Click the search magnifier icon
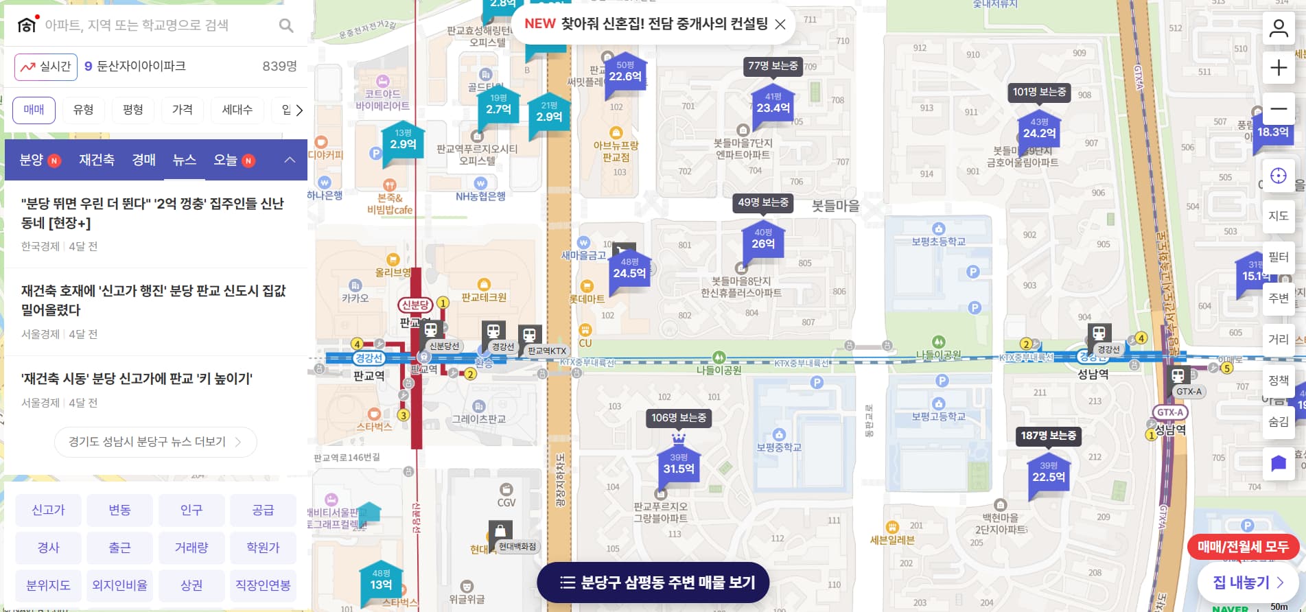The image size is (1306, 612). click(286, 26)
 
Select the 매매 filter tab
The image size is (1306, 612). click(34, 110)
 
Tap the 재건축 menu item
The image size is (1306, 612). click(96, 160)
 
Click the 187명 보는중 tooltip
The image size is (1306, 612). click(1048, 436)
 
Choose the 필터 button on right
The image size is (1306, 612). click(1278, 257)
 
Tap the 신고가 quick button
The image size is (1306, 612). click(48, 510)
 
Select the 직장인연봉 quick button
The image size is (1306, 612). click(263, 585)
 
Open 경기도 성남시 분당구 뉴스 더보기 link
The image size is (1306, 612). click(155, 442)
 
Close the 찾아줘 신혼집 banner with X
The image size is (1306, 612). click(780, 25)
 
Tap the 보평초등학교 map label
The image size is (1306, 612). click(938, 242)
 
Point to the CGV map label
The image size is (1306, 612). click(506, 502)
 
